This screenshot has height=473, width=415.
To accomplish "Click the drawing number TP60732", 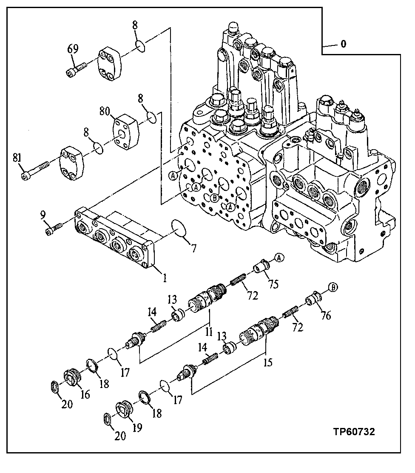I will pyautogui.click(x=354, y=432).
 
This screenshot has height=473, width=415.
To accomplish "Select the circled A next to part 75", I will pyautogui.click(x=279, y=257).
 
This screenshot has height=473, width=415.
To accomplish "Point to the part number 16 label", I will pyautogui.click(x=85, y=395).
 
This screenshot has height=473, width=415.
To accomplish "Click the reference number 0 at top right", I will pyautogui.click(x=343, y=44).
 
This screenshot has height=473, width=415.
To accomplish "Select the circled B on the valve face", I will pyautogui.click(x=215, y=197).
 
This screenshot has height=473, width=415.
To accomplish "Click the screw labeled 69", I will pyautogui.click(x=76, y=69).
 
